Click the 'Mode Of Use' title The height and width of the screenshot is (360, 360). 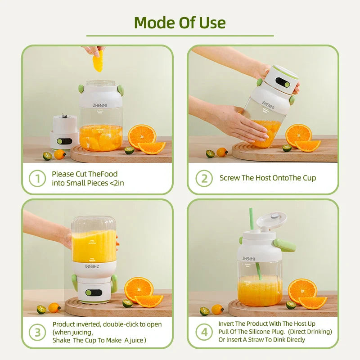pyautogui.click(x=180, y=22)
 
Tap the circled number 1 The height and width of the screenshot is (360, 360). pyautogui.click(x=37, y=179)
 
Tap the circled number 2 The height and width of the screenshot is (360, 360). pyautogui.click(x=204, y=179)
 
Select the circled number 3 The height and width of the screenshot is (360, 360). pyautogui.click(x=37, y=333)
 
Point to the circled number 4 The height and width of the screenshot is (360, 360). pyautogui.click(x=204, y=333)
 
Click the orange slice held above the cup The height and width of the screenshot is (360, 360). pyautogui.click(x=98, y=61)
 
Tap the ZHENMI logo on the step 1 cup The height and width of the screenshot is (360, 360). pyautogui.click(x=100, y=104)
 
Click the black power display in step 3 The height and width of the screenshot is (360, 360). pyautogui.click(x=94, y=292)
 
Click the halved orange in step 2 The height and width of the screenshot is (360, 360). pyautogui.click(x=298, y=135)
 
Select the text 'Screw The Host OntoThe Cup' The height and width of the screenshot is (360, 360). pyautogui.click(x=268, y=178)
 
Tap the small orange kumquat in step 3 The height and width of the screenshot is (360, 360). pyautogui.click(x=54, y=308)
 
